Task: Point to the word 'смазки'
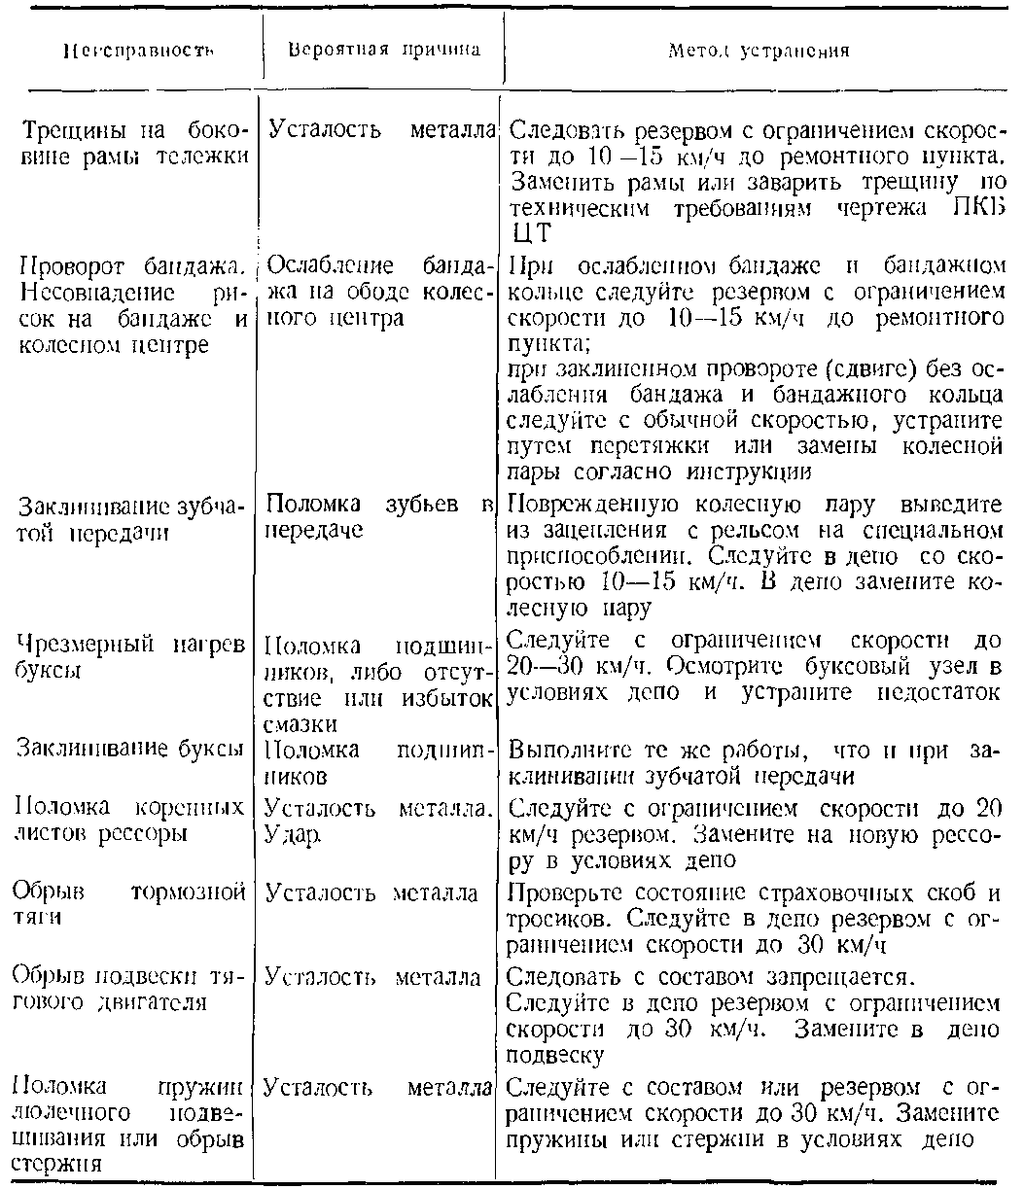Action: tap(300, 723)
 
